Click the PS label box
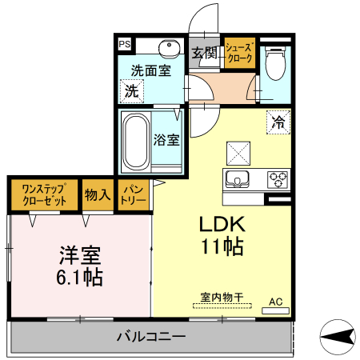(126, 45)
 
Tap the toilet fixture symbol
(275, 63)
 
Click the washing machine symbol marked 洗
(131, 91)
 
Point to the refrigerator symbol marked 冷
(278, 123)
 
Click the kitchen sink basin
(238, 178)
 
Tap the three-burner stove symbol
(278, 178)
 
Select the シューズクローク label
(239, 54)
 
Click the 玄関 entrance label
(205, 54)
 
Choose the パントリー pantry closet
(133, 195)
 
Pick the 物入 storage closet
(98, 195)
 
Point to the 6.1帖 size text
(79, 278)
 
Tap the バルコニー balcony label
(150, 335)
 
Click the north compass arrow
(338, 336)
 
